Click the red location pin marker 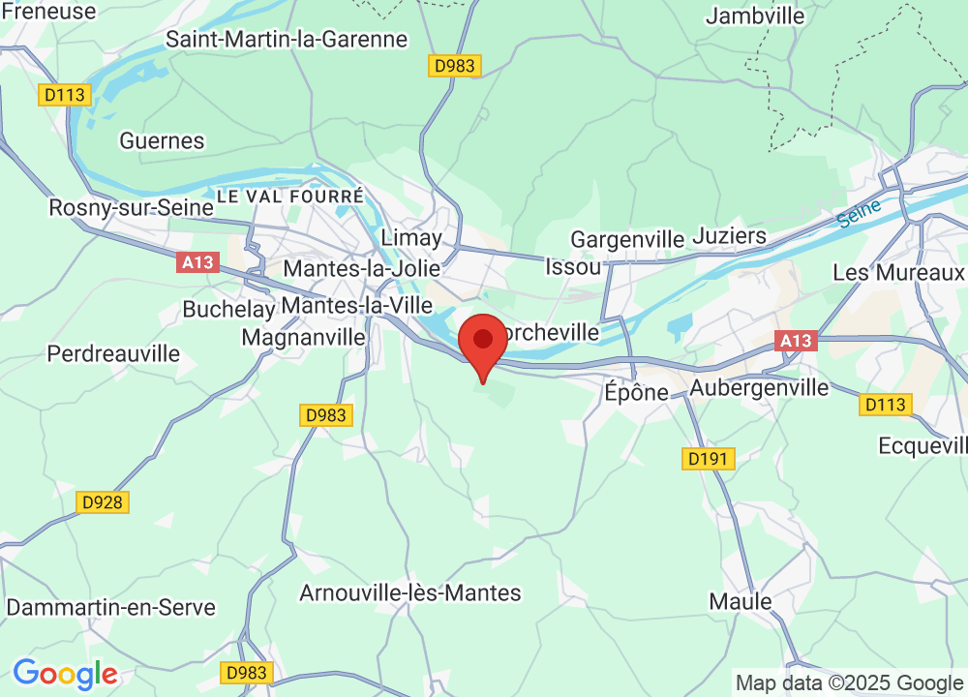coord(482,344)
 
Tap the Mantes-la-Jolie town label coord(361,268)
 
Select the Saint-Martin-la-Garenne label coord(287,40)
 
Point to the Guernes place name coord(162,141)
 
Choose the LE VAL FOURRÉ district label coord(290,197)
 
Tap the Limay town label coord(411,238)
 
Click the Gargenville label coord(627,239)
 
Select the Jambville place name coord(755,16)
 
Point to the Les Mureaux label coord(899,273)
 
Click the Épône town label coord(636,392)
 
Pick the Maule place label coord(741,601)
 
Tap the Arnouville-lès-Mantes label coord(410,592)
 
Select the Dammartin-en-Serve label coord(111,608)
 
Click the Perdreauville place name coord(113,354)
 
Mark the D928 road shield coord(103,502)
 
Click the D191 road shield coord(709,459)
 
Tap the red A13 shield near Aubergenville coord(796,341)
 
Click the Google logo coord(65,674)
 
